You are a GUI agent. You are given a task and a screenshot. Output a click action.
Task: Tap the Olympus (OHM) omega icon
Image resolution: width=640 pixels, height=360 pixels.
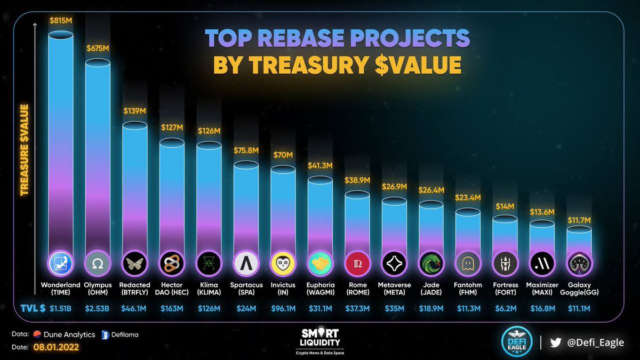click(98, 263)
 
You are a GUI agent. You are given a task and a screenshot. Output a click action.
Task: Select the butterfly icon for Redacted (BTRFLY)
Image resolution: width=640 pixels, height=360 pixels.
click(135, 263)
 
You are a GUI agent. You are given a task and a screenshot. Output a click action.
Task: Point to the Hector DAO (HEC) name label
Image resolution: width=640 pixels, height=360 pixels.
click(172, 289)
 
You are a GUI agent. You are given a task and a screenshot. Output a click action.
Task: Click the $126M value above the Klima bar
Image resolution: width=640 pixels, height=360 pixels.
click(209, 131)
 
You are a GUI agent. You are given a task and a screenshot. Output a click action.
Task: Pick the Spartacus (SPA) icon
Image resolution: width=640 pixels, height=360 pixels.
click(246, 263)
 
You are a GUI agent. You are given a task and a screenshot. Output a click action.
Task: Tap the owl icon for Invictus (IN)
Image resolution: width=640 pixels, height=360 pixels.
click(283, 263)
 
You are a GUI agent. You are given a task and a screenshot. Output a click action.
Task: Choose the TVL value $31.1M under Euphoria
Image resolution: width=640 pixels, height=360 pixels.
click(320, 308)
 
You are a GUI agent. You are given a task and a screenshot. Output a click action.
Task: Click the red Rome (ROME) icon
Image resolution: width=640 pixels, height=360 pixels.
click(357, 263)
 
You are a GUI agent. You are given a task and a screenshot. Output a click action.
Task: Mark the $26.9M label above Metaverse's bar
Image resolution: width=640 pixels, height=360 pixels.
click(395, 187)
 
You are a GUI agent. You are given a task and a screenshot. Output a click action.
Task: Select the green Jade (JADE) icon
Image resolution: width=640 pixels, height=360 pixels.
click(431, 263)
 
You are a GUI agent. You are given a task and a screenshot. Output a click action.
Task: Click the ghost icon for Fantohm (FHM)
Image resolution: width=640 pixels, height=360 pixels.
click(468, 263)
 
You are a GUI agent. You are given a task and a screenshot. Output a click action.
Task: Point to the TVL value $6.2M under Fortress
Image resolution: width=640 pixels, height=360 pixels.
click(505, 308)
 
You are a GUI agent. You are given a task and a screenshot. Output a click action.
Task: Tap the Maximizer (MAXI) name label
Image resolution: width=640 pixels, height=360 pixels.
click(542, 289)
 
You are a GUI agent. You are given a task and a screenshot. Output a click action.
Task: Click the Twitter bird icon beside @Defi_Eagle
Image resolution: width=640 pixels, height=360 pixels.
click(556, 343)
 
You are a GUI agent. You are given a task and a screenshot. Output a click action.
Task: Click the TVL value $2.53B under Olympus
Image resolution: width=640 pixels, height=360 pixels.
click(98, 308)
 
